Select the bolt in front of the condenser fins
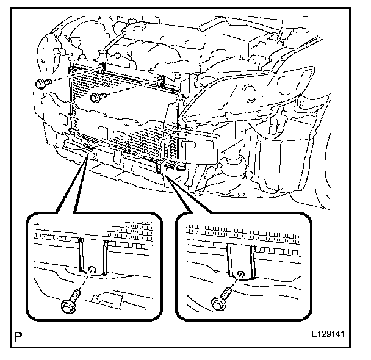tap(97, 97)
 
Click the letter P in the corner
tap(18, 335)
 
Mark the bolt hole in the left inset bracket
tap(92, 271)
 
